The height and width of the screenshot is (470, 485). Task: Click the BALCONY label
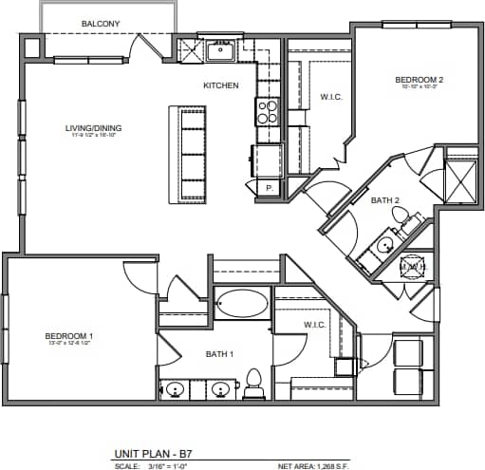click(100, 22)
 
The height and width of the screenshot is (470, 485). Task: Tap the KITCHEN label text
click(220, 85)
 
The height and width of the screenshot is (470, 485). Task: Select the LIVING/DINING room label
click(92, 129)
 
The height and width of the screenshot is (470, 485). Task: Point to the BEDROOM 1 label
click(69, 337)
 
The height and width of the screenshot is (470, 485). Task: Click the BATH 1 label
click(219, 354)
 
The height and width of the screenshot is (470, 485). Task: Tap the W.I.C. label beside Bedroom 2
click(330, 96)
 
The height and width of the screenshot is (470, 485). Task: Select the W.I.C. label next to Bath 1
click(315, 326)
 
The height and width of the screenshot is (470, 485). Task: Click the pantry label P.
click(269, 188)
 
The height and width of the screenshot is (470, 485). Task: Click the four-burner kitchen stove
click(268, 112)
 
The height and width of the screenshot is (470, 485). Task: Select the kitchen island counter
click(186, 154)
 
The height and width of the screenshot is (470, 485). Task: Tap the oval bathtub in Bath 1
click(241, 305)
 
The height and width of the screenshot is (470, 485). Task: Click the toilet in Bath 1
click(253, 384)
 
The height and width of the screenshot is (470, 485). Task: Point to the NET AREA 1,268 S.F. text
click(319, 466)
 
